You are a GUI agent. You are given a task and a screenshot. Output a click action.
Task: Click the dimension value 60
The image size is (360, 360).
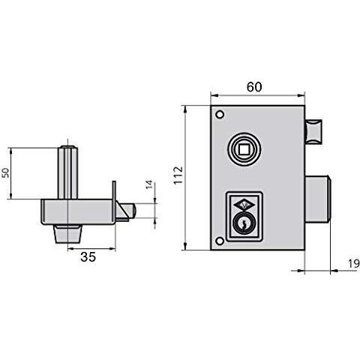(x=254, y=87)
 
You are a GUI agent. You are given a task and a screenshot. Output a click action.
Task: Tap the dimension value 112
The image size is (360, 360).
(x=178, y=175)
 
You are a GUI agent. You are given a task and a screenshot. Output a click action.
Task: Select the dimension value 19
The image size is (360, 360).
(x=354, y=263)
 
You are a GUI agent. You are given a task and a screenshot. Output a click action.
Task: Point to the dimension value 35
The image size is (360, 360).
(x=88, y=256)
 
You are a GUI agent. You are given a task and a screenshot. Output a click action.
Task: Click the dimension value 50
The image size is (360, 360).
(x=5, y=173)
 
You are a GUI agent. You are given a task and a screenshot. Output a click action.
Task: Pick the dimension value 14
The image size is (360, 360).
(x=149, y=184)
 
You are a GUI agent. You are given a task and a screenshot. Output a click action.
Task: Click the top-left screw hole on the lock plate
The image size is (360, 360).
(x=220, y=115)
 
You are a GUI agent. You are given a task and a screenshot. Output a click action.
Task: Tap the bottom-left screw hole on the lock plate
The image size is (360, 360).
(x=220, y=241)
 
